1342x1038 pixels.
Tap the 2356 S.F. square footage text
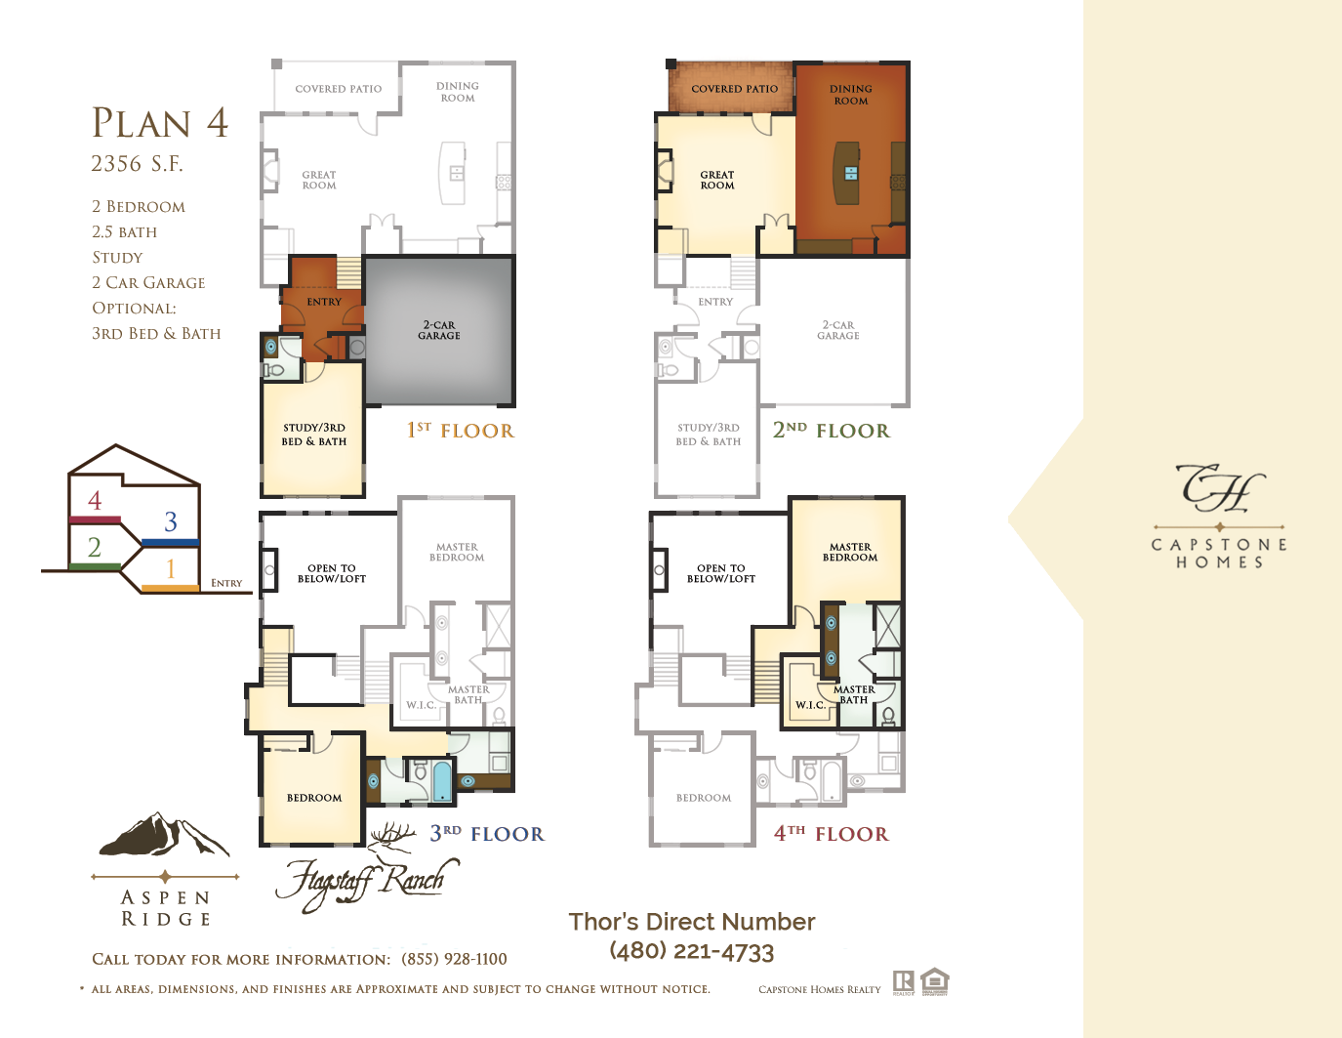pyautogui.click(x=137, y=164)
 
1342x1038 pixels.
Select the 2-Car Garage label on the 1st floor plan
pyautogui.click(x=438, y=330)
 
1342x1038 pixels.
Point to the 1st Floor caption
pyautogui.click(x=460, y=430)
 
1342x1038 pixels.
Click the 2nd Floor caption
pyautogui.click(x=832, y=430)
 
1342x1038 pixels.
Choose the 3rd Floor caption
pyautogui.click(x=487, y=834)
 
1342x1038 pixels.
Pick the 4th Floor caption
pyautogui.click(x=832, y=834)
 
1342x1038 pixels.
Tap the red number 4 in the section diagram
pyautogui.click(x=95, y=500)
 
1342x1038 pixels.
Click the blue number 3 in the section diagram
pyautogui.click(x=171, y=521)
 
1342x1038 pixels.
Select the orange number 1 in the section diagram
pyautogui.click(x=171, y=568)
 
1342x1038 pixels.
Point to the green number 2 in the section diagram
pyautogui.click(x=94, y=547)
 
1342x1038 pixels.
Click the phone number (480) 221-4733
pyautogui.click(x=692, y=951)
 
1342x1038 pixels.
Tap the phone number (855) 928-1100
pyautogui.click(x=454, y=959)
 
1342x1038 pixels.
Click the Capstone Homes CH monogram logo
pyautogui.click(x=1219, y=488)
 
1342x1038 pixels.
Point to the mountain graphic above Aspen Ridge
pyautogui.click(x=164, y=834)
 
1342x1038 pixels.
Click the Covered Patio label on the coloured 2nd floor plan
pyautogui.click(x=734, y=89)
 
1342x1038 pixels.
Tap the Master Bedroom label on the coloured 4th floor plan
pyautogui.click(x=850, y=552)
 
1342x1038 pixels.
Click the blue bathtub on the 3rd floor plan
pyautogui.click(x=442, y=781)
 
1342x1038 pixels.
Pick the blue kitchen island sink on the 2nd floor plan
pyautogui.click(x=851, y=173)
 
